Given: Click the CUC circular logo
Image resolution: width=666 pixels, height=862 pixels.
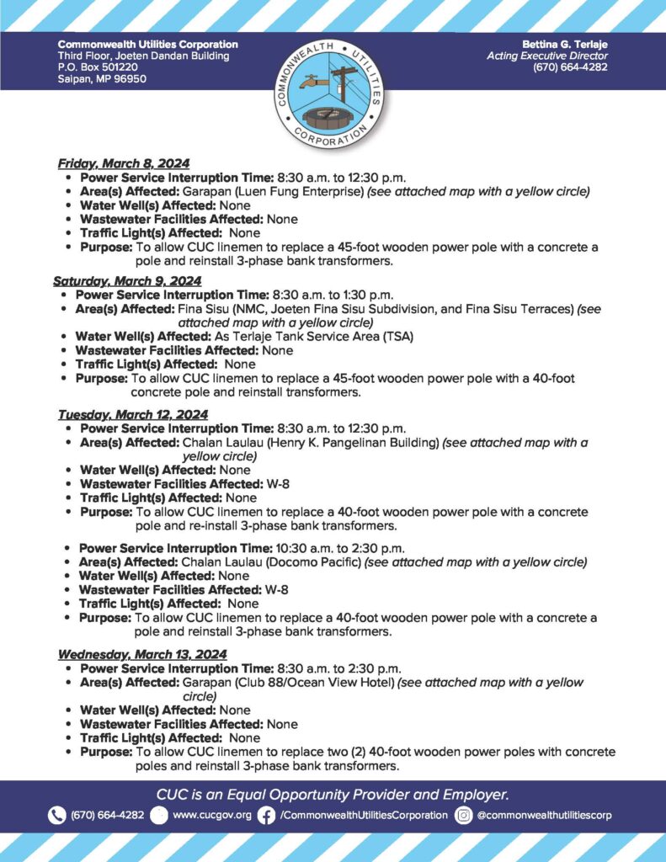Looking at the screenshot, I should pyautogui.click(x=333, y=92).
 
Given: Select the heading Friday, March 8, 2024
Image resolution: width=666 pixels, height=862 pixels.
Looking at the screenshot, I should pyautogui.click(x=123, y=163).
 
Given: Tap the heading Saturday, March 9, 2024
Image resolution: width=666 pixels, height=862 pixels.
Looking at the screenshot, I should pyautogui.click(x=127, y=280).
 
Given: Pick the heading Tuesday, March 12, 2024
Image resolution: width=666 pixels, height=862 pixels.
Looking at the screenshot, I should pyautogui.click(x=132, y=414).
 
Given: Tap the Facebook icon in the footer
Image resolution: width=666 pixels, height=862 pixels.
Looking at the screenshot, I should pyautogui.click(x=266, y=815).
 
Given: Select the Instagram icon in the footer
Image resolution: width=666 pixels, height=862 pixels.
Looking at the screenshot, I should pyautogui.click(x=463, y=815).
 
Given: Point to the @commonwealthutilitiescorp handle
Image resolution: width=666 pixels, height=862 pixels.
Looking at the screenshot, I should pyautogui.click(x=544, y=815).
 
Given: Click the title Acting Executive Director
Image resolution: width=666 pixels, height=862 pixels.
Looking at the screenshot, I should pyautogui.click(x=547, y=56).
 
